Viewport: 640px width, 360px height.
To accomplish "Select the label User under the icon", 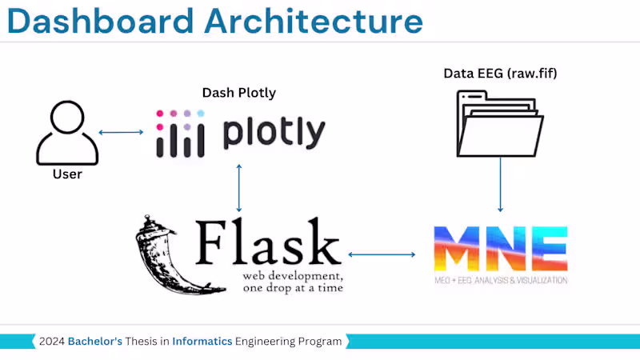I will (x=67, y=174).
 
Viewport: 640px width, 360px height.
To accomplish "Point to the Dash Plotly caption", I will (x=238, y=93).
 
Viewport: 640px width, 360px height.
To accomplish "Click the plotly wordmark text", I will (x=274, y=133).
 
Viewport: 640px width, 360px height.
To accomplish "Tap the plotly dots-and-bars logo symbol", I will (x=180, y=133).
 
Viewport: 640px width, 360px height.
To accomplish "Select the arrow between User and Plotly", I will (x=121, y=132).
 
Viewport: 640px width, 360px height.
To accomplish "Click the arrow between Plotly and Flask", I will (x=239, y=187).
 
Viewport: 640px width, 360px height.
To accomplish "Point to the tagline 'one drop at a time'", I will (x=293, y=287).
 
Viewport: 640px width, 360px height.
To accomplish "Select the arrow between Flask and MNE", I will (x=382, y=255).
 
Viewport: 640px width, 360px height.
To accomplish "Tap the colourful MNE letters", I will (x=500, y=248).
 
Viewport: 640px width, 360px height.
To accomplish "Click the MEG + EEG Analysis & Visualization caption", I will (x=500, y=280).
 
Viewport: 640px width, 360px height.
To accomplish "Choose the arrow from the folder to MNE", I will (x=501, y=183).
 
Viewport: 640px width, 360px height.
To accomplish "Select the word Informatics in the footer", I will (x=202, y=342).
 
